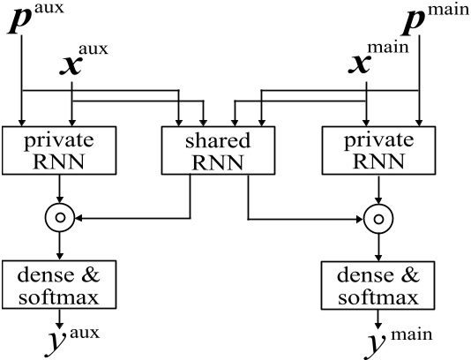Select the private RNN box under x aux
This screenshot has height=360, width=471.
coord(60,150)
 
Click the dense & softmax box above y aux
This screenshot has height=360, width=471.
coord(60,283)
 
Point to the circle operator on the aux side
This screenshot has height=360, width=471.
coord(60,215)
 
